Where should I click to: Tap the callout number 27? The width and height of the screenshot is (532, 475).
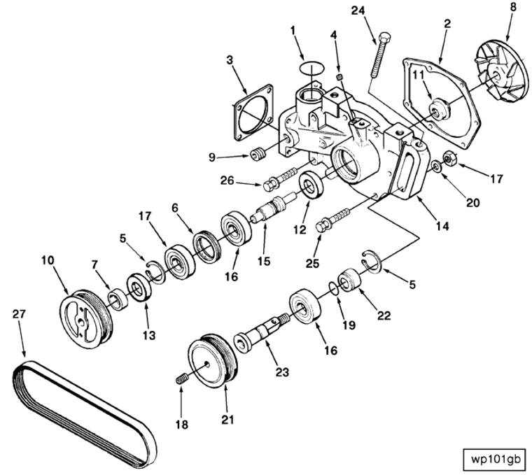click(x=19, y=315)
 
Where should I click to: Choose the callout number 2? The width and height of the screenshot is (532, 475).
click(x=447, y=24)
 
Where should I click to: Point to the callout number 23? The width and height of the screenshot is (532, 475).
click(x=282, y=373)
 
